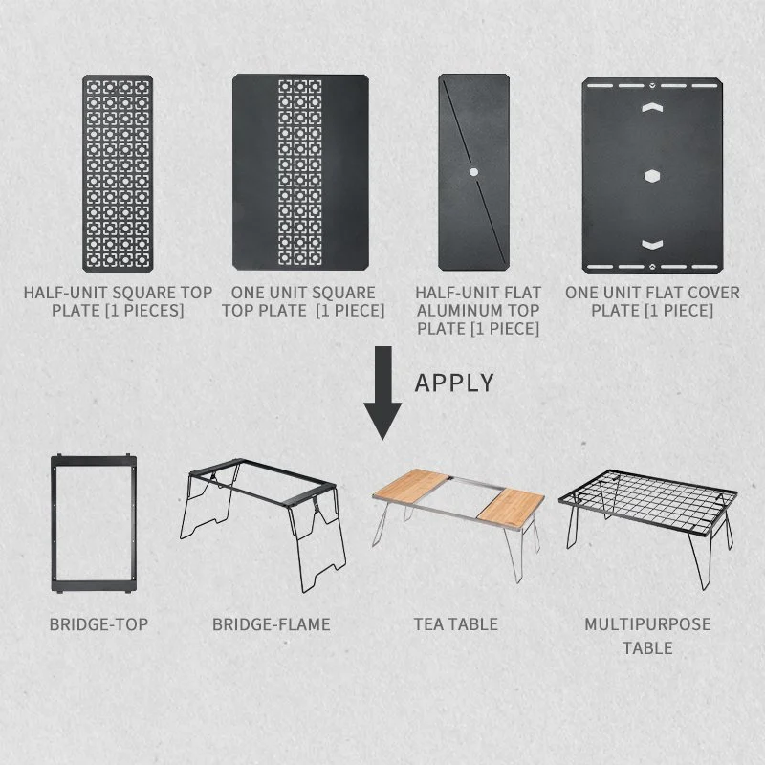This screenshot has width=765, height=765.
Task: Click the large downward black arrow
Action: (x=383, y=393)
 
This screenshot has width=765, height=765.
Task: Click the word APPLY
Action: (x=454, y=382)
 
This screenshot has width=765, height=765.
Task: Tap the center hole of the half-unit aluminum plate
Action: (x=473, y=172)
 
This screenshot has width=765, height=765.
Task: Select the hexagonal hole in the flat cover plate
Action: (x=652, y=176)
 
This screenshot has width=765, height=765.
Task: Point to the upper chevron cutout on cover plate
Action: (x=652, y=107)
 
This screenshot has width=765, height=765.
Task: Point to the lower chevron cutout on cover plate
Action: (x=652, y=245)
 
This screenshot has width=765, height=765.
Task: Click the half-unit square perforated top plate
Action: (x=118, y=173)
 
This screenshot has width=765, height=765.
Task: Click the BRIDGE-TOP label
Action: (x=98, y=624)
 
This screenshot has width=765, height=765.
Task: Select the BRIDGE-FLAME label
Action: (x=272, y=624)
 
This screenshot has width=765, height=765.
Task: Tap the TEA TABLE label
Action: (x=456, y=624)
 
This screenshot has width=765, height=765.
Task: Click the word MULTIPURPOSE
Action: (x=647, y=624)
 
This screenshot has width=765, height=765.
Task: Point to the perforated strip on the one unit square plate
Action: (x=300, y=173)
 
